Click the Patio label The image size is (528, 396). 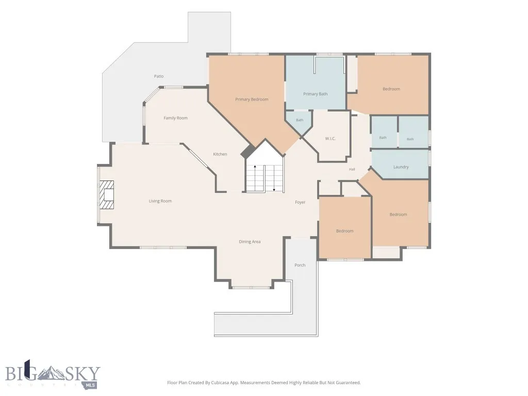(x=159, y=76)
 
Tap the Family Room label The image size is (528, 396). (x=175, y=118)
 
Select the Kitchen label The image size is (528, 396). (x=220, y=154)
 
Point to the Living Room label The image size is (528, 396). (x=160, y=201)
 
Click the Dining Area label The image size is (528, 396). (x=250, y=241)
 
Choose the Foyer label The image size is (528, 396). (x=300, y=202)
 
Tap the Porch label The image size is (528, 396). (x=300, y=265)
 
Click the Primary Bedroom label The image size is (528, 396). (x=252, y=100)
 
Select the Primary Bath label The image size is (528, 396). (x=315, y=94)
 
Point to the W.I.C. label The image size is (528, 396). (x=331, y=138)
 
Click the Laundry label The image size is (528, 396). (x=401, y=167)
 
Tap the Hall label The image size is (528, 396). (x=352, y=169)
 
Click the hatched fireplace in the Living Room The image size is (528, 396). (x=106, y=195)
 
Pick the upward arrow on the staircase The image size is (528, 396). (x=255, y=178)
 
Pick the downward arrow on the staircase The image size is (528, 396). (x=274, y=178)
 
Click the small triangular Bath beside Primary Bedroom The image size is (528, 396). (x=299, y=123)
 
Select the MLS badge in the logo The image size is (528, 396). (x=91, y=385)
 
